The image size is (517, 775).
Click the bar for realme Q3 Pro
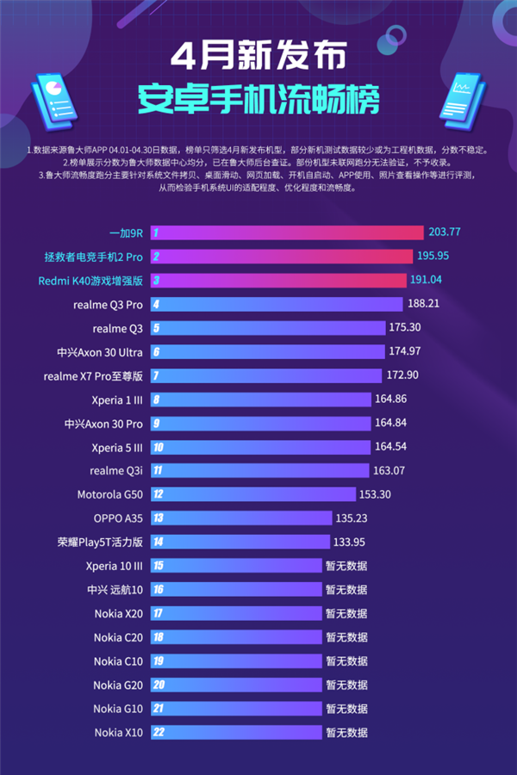276,304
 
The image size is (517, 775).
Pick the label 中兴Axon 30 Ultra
100,351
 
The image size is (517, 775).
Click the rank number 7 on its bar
156,375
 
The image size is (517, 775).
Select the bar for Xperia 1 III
264,400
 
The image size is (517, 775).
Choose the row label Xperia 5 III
117,447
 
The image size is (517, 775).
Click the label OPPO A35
118,518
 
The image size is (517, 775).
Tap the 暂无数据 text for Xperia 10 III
346,566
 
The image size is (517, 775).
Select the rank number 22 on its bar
158,733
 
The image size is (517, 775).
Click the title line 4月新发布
258,57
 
